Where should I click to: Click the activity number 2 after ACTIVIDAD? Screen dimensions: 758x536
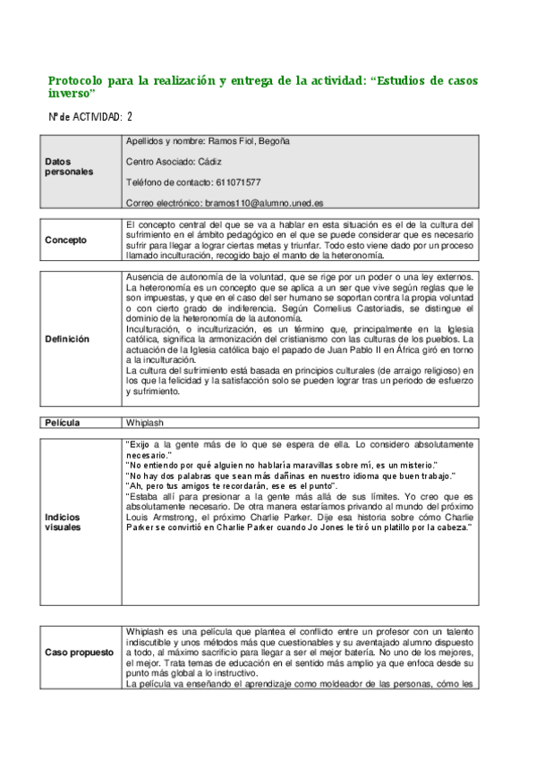coord(131,117)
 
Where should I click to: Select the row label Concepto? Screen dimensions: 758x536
coord(66,240)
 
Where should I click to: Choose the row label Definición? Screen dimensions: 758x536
coord(67,340)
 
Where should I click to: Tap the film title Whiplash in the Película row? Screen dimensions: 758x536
coord(145,423)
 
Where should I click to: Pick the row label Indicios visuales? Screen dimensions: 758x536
coord(63,522)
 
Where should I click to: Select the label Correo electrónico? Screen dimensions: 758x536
coord(164,203)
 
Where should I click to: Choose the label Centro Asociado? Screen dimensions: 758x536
coord(161,162)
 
